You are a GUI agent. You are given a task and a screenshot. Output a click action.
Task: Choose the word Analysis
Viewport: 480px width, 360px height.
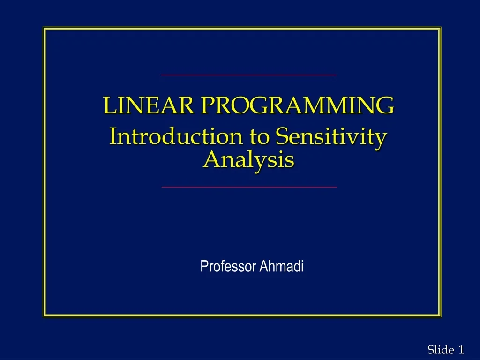click(249, 160)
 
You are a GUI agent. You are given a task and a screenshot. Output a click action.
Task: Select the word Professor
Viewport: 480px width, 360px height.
click(228, 267)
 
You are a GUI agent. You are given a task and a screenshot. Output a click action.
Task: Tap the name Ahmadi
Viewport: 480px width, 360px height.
click(282, 267)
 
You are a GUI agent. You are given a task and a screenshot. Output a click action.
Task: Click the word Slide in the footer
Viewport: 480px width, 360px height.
click(441, 349)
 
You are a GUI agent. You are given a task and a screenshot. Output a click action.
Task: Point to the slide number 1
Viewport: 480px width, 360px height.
click(461, 349)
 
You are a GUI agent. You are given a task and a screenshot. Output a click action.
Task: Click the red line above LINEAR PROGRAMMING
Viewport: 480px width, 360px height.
click(248, 75)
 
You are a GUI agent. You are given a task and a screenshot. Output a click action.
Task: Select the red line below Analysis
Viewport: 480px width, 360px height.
click(249, 187)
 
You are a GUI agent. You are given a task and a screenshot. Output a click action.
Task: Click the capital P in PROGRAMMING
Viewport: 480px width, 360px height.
click(207, 105)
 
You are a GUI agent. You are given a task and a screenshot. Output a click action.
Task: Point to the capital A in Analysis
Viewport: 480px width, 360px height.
click(211, 160)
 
